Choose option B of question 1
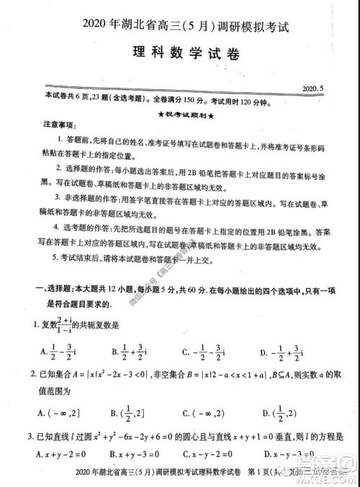[134, 352]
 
